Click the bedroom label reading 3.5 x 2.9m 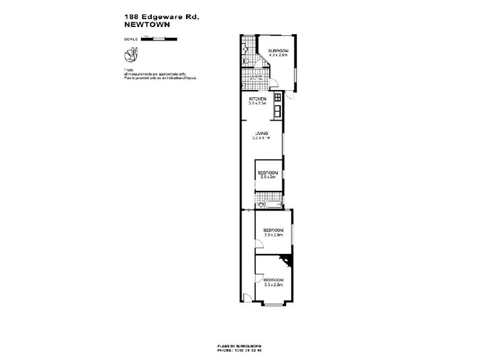(273, 233)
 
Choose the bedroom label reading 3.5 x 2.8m (273, 282)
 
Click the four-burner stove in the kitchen (278, 98)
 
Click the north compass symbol (130, 56)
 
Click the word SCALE (129, 38)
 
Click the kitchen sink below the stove (278, 110)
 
